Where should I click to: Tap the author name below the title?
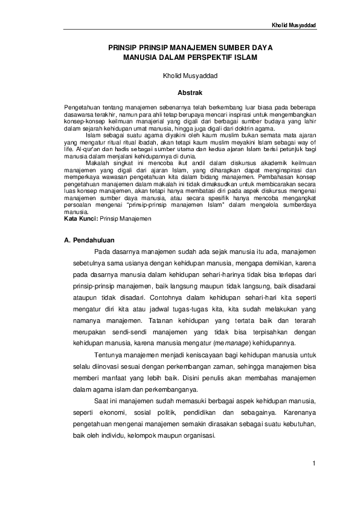point(180,77)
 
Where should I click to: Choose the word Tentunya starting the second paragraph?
point(109,356)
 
